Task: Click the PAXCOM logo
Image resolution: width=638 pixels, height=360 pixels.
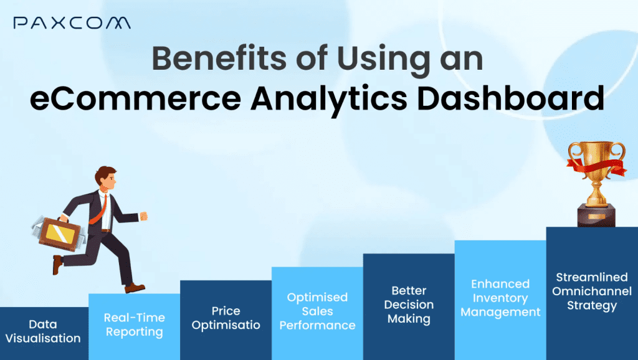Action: coord(72,23)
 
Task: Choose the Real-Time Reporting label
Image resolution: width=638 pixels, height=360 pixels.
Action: coord(134,324)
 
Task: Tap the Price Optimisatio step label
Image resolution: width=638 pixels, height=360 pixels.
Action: coord(226,318)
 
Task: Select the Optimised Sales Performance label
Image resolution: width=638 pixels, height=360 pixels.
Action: coord(317,311)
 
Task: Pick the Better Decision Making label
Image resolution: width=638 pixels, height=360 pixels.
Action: coord(409,305)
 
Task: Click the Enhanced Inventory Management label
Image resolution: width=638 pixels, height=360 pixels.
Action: coord(500,298)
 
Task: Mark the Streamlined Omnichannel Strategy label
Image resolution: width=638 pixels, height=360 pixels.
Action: coord(592,291)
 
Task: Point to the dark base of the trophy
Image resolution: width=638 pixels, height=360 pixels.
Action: coord(594,215)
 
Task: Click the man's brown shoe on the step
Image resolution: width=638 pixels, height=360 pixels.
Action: coord(135,288)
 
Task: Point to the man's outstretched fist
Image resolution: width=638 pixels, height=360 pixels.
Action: coord(144,216)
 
